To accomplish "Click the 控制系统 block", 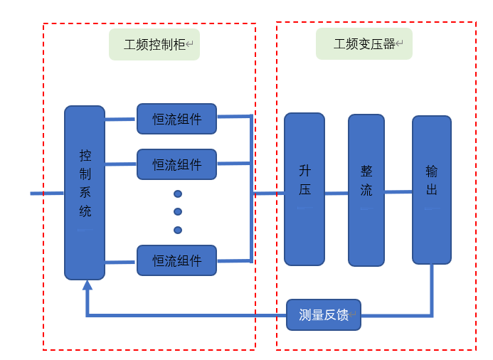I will tap(85, 192).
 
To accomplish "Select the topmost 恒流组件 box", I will tap(176, 119).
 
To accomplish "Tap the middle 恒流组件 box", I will tap(176, 164).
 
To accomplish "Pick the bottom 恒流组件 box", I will tap(176, 260).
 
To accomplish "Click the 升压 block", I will tap(304, 189).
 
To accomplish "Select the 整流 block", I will tap(366, 190).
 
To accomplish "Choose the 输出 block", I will tap(431, 189).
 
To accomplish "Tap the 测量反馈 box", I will tap(324, 314).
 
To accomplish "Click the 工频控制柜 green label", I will tap(154, 44).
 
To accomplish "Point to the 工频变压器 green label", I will tap(364, 44).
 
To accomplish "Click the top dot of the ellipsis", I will tap(178, 194).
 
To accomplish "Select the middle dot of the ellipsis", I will tap(178, 211).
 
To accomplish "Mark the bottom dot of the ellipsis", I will tap(178, 230).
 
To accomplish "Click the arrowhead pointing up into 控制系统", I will tap(88, 286).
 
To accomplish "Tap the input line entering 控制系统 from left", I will tap(47, 193).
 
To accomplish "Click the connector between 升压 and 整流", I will tap(336, 193).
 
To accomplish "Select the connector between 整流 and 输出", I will tap(398, 192).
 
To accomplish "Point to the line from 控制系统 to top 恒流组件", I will tap(120, 120).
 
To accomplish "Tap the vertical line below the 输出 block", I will tap(431, 288).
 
